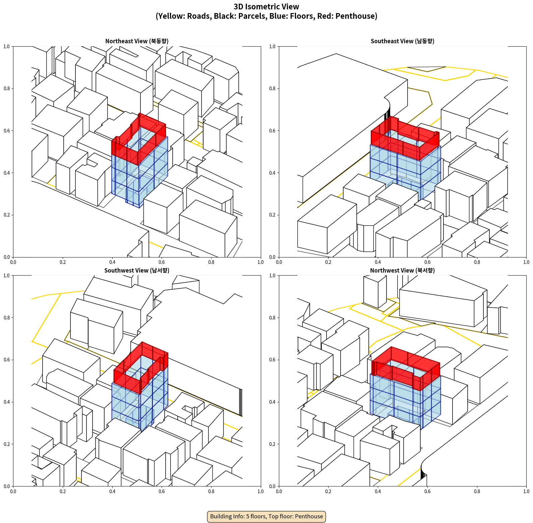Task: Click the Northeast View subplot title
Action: (137, 41)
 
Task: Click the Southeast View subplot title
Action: (402, 41)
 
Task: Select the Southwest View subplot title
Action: (137, 271)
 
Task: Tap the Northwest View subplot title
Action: (402, 271)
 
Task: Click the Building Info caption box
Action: (266, 516)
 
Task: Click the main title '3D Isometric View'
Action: (266, 7)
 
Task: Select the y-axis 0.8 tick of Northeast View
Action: (7, 89)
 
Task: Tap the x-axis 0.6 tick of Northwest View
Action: (427, 491)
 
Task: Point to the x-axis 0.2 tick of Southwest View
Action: (63, 491)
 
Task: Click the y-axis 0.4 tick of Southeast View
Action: (273, 173)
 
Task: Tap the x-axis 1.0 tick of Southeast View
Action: (526, 262)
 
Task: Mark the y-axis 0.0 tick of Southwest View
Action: (7, 486)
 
